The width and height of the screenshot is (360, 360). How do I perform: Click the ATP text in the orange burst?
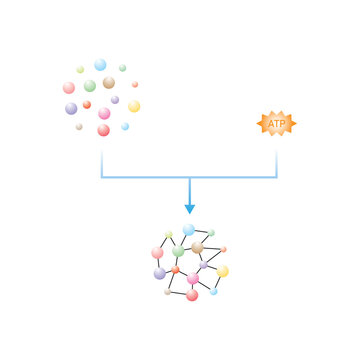[x=277, y=123]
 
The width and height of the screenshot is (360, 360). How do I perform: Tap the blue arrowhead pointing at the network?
[x=189, y=208]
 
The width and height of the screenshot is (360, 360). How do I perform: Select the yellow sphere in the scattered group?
[x=134, y=106]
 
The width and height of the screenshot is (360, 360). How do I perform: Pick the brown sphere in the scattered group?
[x=109, y=82]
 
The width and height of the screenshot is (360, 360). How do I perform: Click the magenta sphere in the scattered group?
[x=104, y=113]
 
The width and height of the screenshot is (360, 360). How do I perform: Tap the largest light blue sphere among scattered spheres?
[x=100, y=65]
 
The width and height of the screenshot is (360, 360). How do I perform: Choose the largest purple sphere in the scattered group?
[x=71, y=108]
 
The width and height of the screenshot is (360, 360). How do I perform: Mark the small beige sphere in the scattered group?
[x=79, y=127]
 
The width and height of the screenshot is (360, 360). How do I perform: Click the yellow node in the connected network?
[x=223, y=271]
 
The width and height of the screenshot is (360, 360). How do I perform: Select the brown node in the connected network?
[x=197, y=247]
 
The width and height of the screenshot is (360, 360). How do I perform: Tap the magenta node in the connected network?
[x=192, y=279]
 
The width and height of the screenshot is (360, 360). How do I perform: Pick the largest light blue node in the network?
[x=189, y=230]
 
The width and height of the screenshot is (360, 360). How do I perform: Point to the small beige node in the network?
[x=167, y=292]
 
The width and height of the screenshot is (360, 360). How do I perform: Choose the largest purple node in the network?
[x=160, y=273]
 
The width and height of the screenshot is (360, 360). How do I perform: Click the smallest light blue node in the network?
[x=213, y=292]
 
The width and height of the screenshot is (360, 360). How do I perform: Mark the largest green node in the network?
[x=178, y=252]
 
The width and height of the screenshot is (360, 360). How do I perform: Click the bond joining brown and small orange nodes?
[x=210, y=248]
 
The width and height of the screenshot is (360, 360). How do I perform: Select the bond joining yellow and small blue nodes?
[x=218, y=282]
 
